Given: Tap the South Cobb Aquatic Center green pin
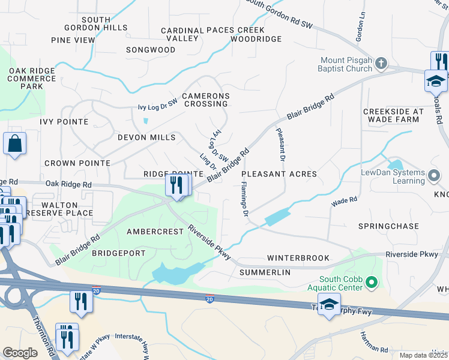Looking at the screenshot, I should pyautogui.click(x=371, y=281).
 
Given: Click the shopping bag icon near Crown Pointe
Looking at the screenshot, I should pyautogui.click(x=14, y=145).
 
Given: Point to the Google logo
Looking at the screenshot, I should pyautogui.click(x=20, y=352).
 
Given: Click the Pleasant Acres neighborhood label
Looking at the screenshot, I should pyautogui.click(x=279, y=174).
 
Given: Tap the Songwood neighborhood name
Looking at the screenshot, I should pyautogui.click(x=150, y=50).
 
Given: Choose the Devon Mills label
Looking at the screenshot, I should pyautogui.click(x=146, y=137).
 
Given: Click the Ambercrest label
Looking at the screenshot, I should pyautogui.click(x=155, y=232).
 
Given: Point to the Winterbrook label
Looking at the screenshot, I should pyautogui.click(x=298, y=258).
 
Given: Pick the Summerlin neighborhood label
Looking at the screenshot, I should pyautogui.click(x=265, y=272).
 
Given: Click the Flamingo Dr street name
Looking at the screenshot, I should pyautogui.click(x=245, y=200).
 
